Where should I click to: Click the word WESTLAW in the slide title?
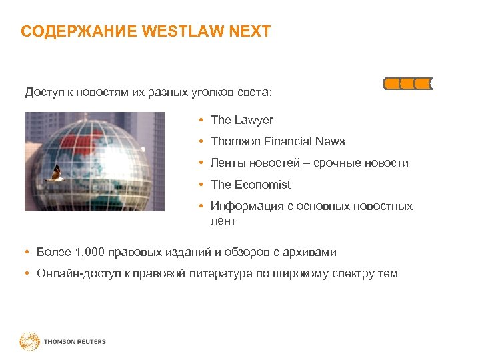(191, 31)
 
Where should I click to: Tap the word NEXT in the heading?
(252, 31)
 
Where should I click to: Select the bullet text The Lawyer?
(241, 120)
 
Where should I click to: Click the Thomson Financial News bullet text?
(277, 141)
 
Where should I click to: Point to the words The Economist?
(250, 185)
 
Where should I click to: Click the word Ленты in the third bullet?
(227, 163)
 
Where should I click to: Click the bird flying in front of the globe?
(53, 174)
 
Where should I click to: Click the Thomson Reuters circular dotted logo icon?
(30, 342)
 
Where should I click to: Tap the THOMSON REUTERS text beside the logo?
(75, 342)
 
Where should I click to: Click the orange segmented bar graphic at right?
(408, 83)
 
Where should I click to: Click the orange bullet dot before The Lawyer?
(201, 120)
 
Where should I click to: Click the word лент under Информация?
(223, 221)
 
